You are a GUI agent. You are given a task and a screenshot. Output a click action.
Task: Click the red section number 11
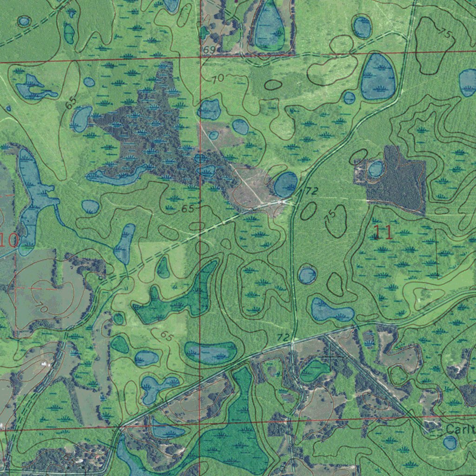pos(383,232)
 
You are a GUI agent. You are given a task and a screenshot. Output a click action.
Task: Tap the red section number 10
pos(9,240)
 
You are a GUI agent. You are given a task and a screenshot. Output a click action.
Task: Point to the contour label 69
pos(209,50)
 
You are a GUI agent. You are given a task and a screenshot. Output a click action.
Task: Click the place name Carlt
pos(460,429)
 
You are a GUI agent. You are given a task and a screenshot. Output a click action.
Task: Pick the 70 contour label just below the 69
pos(218,79)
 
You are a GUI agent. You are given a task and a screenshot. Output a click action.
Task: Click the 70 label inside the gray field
pos(42,307)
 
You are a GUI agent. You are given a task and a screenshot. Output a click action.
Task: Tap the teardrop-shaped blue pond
pos(269,28)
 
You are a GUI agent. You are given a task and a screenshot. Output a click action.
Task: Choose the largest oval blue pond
pos(378,77)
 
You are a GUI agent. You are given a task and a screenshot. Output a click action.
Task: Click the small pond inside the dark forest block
pos(376,169)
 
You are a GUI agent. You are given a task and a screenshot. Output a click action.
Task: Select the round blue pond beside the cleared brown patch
pos(285,184)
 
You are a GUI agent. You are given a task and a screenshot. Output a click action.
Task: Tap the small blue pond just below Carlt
pos(450,443)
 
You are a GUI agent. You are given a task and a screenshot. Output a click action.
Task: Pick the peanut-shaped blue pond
pos(331,311)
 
